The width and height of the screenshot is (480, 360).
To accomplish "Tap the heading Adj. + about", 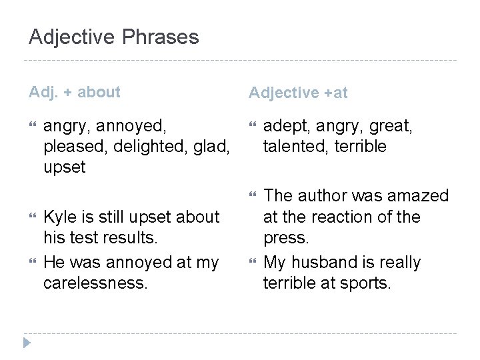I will pyautogui.click(x=75, y=92).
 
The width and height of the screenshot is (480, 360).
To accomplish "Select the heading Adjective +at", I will pyautogui.click(x=298, y=93).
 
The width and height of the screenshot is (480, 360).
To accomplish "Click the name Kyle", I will pyautogui.click(x=57, y=217).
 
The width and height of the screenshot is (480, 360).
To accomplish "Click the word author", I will pyautogui.click(x=322, y=195).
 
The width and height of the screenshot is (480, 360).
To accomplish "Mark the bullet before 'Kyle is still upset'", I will pyautogui.click(x=33, y=217).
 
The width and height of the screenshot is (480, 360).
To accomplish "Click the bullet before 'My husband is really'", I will pyautogui.click(x=253, y=263).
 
